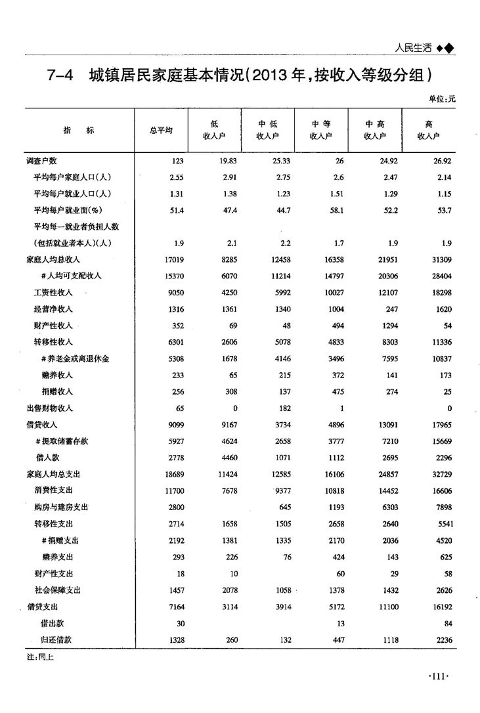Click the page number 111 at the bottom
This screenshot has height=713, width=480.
(437, 676)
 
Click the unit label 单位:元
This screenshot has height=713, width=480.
(441, 99)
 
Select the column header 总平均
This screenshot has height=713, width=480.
(160, 130)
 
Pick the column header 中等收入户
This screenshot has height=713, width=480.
(320, 130)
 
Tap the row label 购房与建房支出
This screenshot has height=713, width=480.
(61, 507)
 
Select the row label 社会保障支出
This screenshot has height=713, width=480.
(57, 590)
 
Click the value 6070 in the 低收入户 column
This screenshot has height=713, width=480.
(227, 276)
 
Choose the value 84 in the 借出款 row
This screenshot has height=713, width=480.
(448, 623)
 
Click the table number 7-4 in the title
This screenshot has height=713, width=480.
(64, 76)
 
